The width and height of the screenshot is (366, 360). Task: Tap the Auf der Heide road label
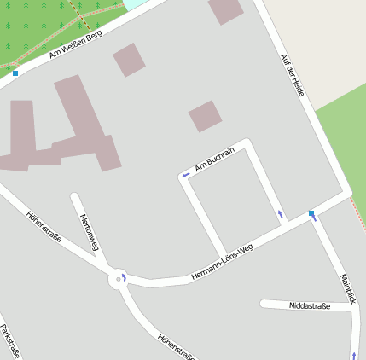[293, 74]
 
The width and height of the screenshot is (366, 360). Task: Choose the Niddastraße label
[310, 305]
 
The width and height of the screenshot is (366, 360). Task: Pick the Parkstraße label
[9, 340]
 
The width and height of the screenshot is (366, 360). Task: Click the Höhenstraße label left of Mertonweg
[44, 227]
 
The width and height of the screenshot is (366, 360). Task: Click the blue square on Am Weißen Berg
[15, 73]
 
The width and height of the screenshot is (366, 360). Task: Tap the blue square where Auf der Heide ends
[311, 213]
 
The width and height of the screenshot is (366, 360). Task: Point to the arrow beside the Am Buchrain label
[185, 176]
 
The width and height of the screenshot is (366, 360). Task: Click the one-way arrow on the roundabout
[125, 276]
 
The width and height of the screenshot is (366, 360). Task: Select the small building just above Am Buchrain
[205, 116]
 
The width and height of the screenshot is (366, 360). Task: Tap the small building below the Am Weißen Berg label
[129, 60]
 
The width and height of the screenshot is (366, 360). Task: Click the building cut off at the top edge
[226, 9]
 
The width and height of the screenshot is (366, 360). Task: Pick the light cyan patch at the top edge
[135, 3]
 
